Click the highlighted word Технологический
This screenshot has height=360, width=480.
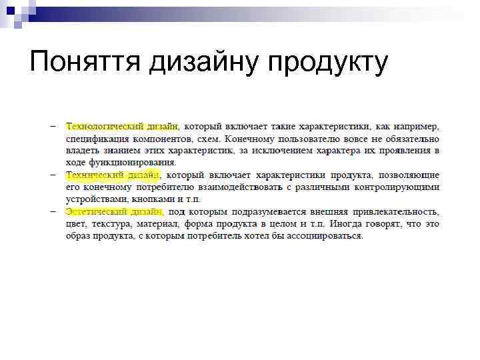click(103, 126)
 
